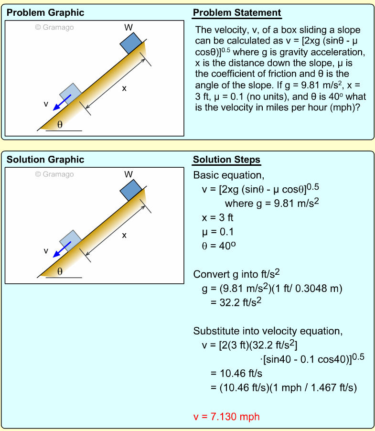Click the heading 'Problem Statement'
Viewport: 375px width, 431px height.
(236, 13)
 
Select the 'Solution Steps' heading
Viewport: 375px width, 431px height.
(226, 160)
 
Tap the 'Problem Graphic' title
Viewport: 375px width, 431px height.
(45, 13)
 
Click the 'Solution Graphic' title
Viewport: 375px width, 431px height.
(45, 160)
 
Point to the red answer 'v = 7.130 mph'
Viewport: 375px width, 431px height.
(226, 416)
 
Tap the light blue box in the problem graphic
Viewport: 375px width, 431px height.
(70, 94)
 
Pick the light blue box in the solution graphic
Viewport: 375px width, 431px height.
(70, 240)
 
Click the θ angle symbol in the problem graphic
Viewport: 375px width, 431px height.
(60, 125)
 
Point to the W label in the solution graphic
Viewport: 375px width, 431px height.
(129, 174)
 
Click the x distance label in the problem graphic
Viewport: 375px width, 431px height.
(124, 88)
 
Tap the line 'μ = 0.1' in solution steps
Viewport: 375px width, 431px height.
(218, 232)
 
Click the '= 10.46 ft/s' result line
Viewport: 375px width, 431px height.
(236, 373)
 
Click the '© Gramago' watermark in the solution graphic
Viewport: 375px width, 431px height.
(54, 174)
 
